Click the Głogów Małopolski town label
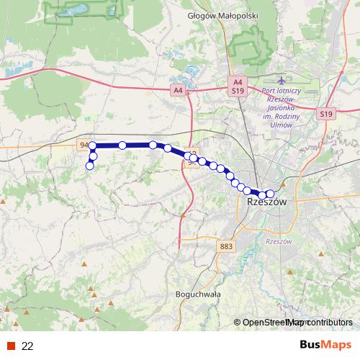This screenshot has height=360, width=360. [212, 14]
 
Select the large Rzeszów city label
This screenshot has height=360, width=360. [266, 203]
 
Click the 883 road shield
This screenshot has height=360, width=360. [226, 246]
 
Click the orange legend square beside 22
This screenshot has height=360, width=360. [12, 346]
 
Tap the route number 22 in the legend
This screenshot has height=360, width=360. [28, 346]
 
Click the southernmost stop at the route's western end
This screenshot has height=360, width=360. [90, 166]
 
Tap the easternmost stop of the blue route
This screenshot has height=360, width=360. [271, 193]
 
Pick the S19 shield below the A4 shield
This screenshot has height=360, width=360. [238, 92]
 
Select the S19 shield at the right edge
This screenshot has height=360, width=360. [326, 114]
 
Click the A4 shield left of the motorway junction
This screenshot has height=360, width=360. [178, 90]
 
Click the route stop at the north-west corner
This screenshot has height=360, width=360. [93, 146]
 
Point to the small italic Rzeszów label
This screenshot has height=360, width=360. [277, 241]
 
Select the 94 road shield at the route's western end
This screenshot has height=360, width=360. [84, 145]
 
